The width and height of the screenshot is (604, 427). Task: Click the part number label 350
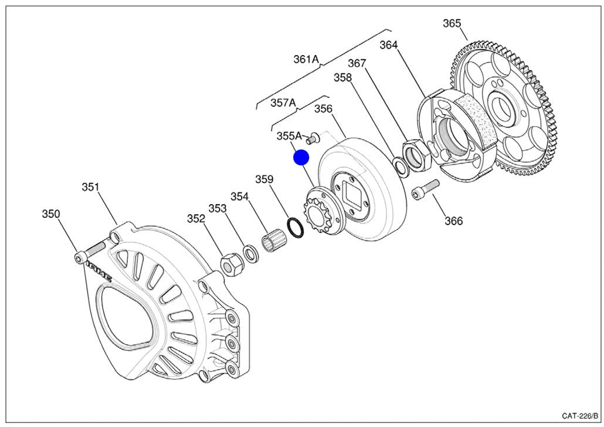[x=50, y=214]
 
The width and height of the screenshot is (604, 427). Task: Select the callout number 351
[x=90, y=187]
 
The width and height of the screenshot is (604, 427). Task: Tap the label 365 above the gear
[x=452, y=23]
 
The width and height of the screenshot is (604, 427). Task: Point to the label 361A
[x=306, y=59]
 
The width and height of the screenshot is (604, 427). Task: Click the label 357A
[x=283, y=103]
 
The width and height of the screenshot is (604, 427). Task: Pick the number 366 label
[x=453, y=221]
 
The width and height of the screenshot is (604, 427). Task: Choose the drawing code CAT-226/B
[x=579, y=415]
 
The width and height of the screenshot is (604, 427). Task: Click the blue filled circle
[x=301, y=158]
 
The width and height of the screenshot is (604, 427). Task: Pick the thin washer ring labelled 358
[x=401, y=167]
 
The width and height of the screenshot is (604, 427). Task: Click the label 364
[x=388, y=45]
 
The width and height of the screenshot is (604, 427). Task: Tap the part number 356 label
[x=323, y=109]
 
